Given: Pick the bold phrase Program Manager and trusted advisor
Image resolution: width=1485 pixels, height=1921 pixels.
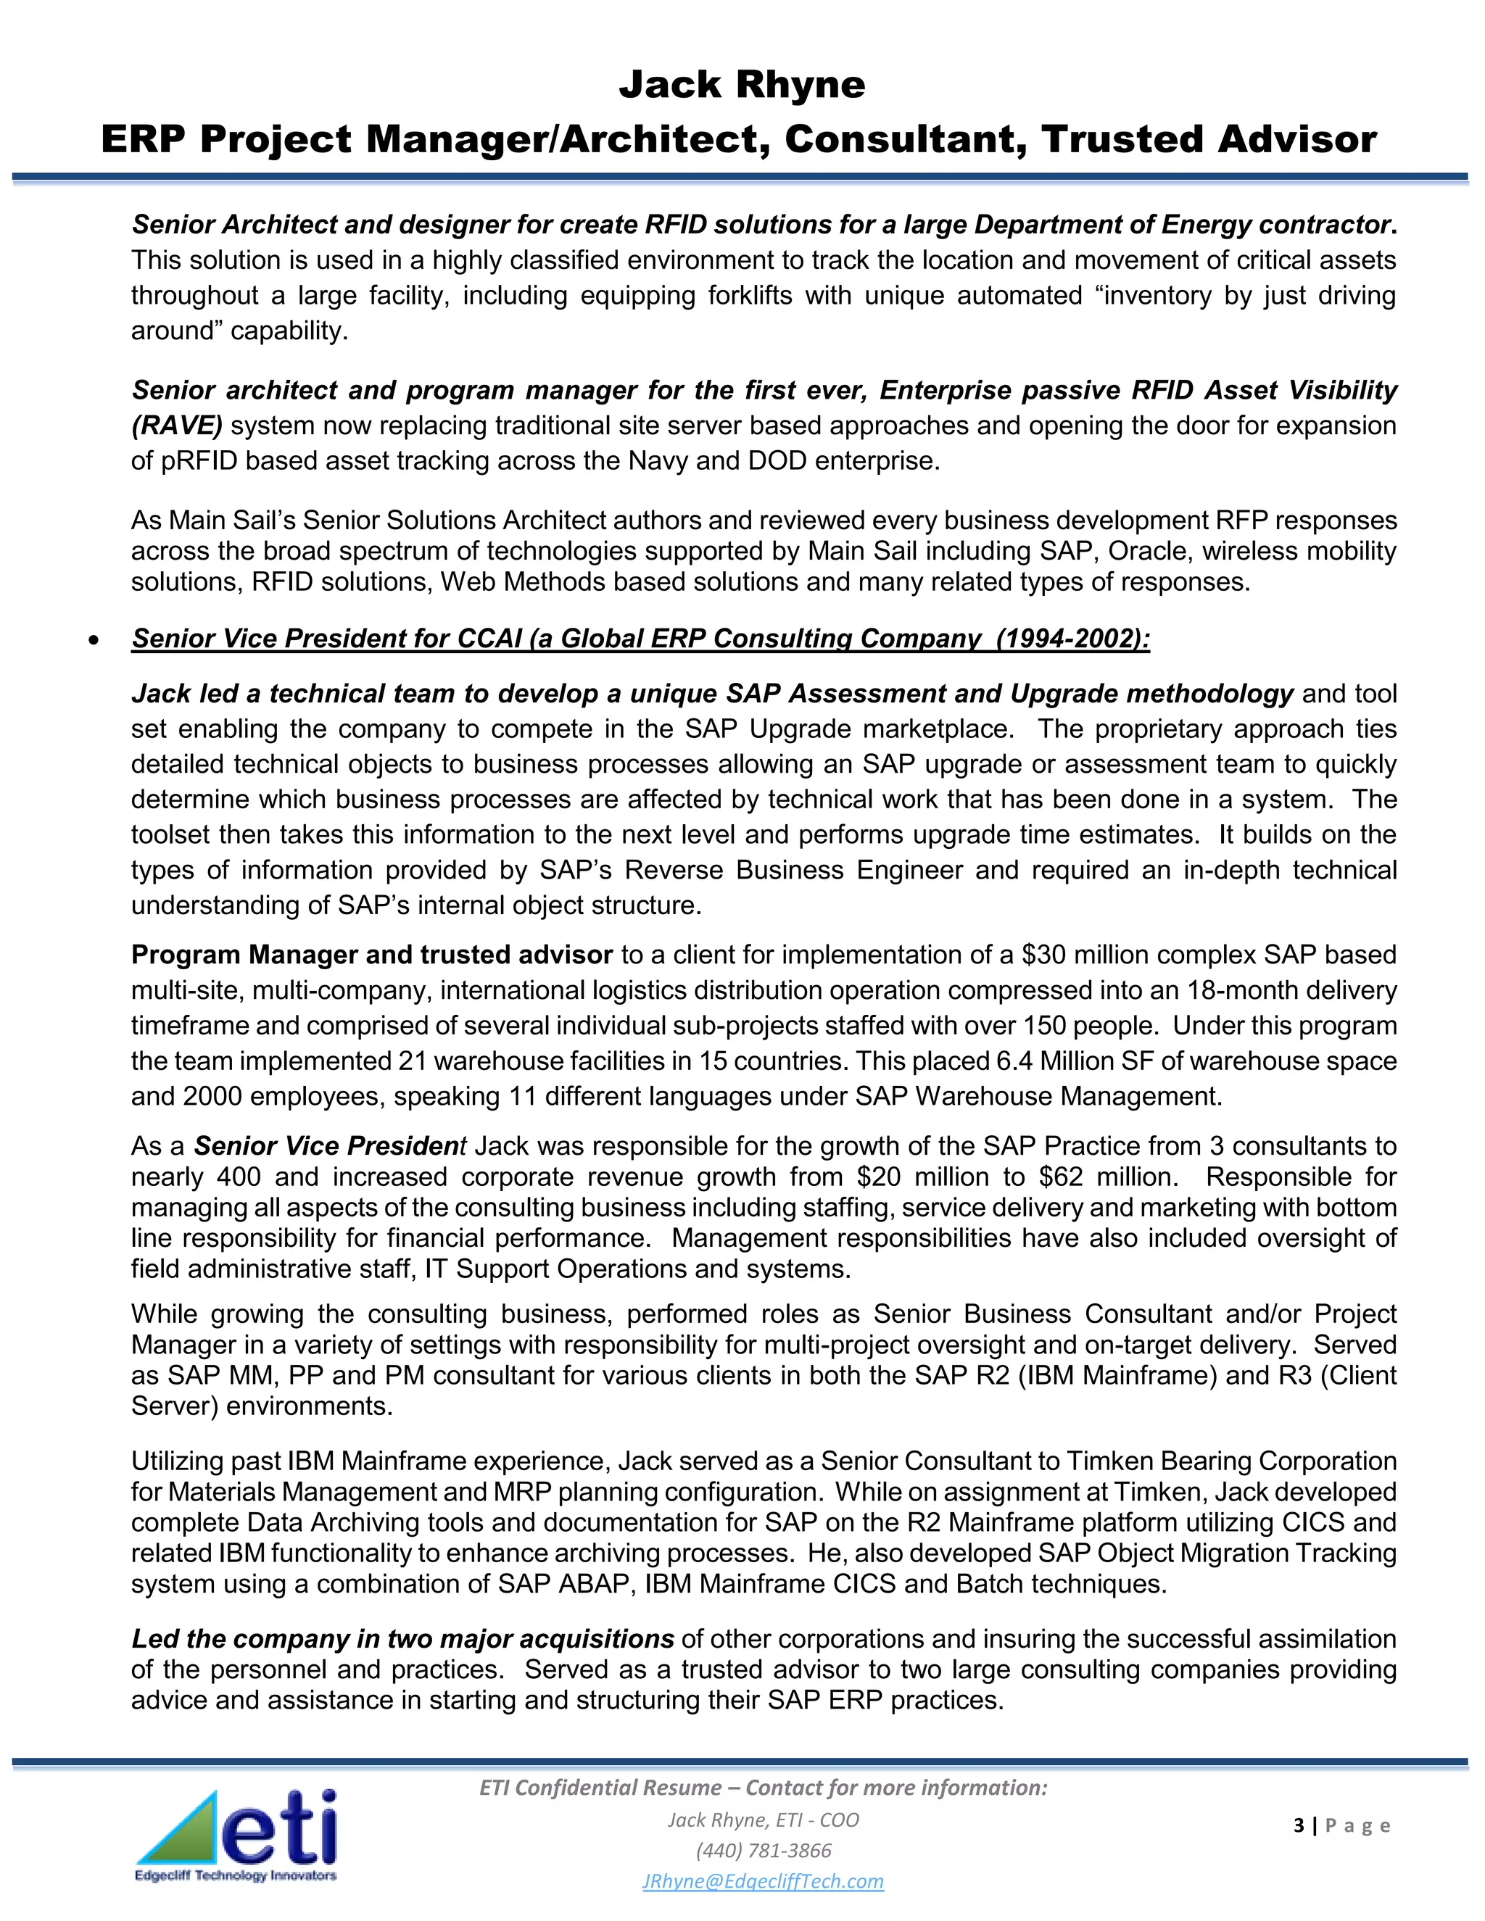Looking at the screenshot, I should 371,955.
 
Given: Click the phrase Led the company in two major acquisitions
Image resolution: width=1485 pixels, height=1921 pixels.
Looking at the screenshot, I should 402,1639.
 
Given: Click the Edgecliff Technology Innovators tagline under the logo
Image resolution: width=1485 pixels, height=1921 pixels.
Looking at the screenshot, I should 235,1875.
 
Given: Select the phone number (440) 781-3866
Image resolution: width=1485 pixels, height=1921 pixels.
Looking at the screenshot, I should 763,1851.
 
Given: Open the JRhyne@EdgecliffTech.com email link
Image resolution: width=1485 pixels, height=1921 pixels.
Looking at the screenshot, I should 763,1881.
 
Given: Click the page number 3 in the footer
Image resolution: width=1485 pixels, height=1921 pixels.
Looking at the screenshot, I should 1299,1826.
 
